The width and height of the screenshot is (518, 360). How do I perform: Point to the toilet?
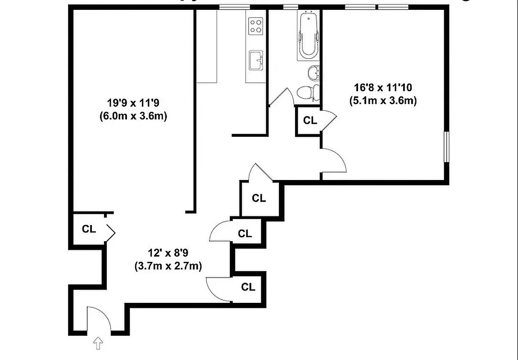[308, 92]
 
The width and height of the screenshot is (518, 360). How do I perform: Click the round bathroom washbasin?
[314, 72]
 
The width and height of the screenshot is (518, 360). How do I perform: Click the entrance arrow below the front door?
[97, 344]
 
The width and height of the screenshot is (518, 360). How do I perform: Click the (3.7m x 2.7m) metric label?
[168, 266]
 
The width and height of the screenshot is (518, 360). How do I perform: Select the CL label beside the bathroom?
[310, 121]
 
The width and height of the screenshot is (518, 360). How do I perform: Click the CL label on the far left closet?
[89, 229]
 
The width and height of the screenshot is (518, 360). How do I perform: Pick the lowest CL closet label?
[248, 287]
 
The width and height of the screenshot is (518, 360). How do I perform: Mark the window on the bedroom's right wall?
[446, 147]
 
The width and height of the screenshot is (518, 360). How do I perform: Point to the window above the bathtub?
[291, 6]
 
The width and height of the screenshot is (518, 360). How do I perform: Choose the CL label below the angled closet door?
[259, 198]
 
